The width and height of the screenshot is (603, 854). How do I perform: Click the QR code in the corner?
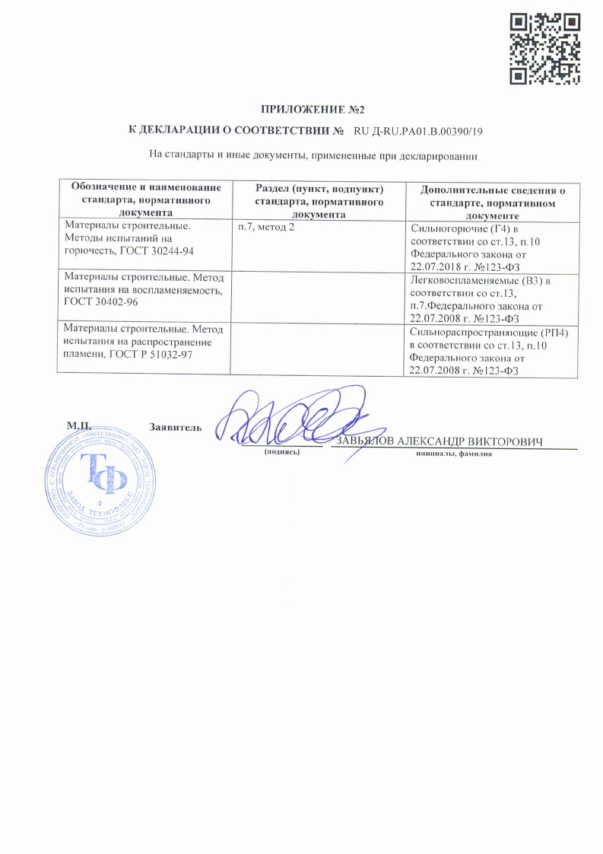click(545, 49)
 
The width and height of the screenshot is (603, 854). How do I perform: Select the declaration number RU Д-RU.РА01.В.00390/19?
click(418, 131)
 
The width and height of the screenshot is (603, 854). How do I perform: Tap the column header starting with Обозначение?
click(145, 200)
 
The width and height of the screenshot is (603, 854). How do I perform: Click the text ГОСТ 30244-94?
click(170, 251)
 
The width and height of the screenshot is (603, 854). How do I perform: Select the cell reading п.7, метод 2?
click(266, 228)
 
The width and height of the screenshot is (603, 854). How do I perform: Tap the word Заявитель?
click(176, 426)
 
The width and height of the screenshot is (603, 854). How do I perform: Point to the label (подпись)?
click(282, 453)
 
